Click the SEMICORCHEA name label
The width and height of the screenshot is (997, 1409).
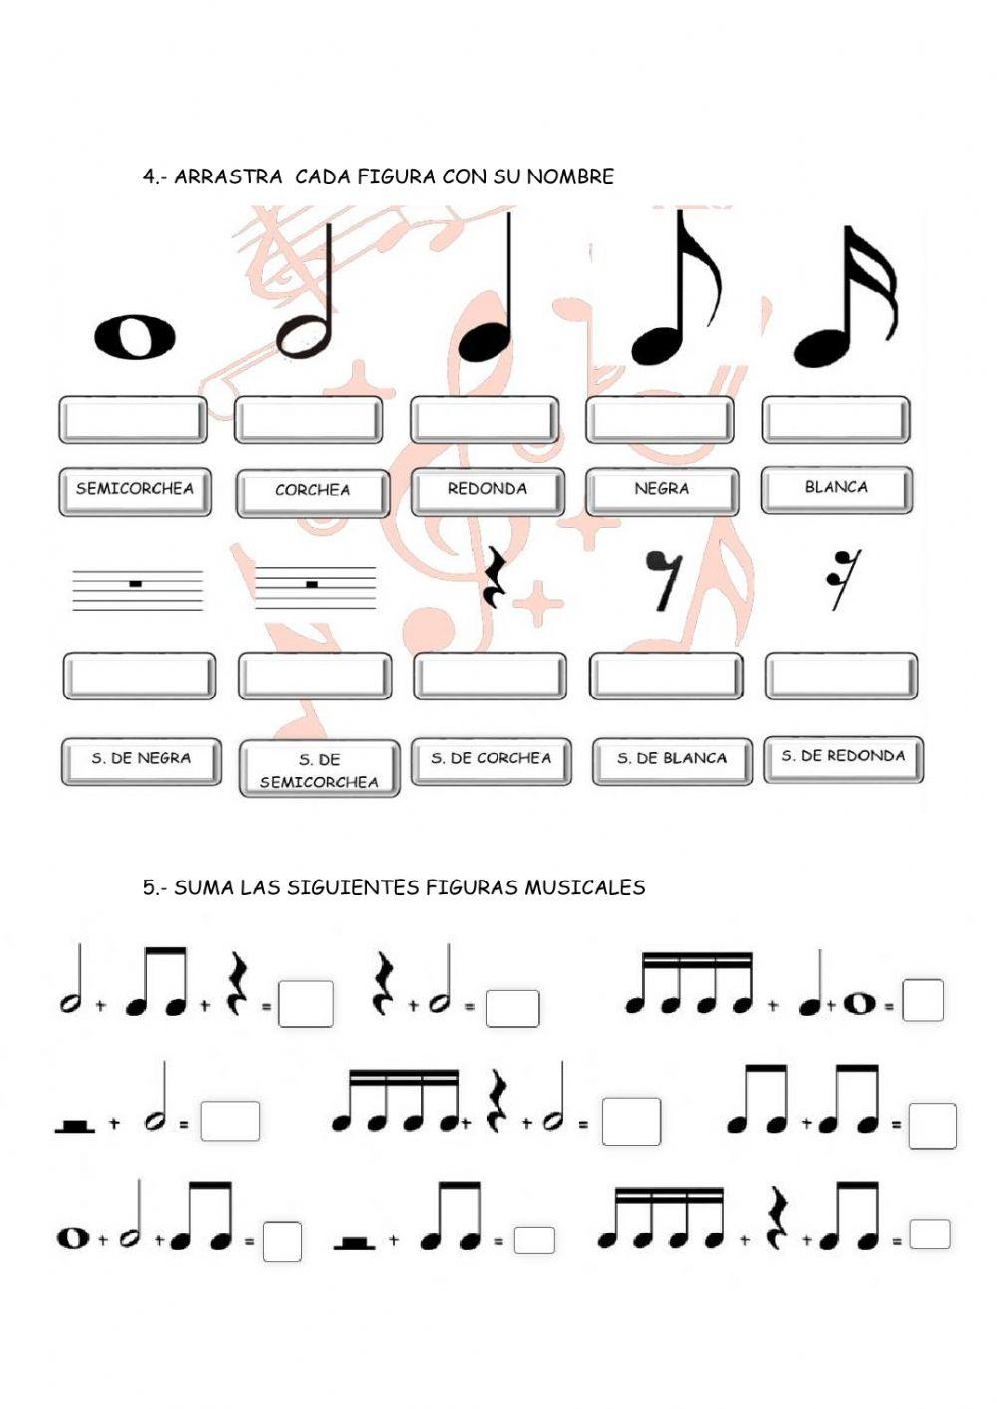click(135, 490)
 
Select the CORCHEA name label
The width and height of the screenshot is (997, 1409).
click(312, 491)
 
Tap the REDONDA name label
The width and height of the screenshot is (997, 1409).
click(488, 490)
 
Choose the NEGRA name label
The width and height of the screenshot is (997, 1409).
click(662, 490)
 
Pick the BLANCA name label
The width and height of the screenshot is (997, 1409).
click(836, 488)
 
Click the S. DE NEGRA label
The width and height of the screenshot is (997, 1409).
click(141, 759)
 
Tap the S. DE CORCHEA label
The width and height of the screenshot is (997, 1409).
click(492, 759)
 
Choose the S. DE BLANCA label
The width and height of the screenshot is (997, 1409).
click(672, 759)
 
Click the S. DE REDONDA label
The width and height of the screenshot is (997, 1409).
click(843, 757)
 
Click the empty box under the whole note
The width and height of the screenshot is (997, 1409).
click(134, 419)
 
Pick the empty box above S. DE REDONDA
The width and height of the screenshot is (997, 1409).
click(840, 676)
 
